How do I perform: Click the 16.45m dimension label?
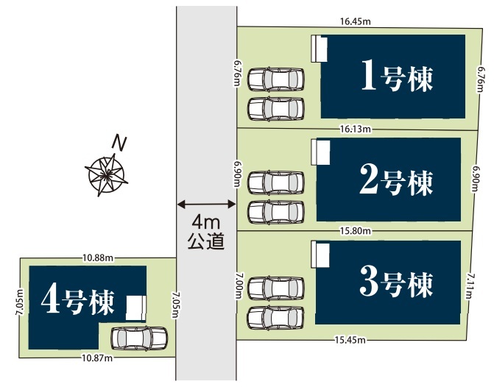(x=356, y=21)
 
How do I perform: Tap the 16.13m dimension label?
(x=356, y=129)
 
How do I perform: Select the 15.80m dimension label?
(x=356, y=231)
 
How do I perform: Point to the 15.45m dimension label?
(x=350, y=340)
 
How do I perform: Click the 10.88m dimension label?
(x=98, y=258)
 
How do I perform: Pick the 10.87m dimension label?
(x=97, y=358)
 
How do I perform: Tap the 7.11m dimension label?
(x=470, y=285)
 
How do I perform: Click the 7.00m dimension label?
(x=239, y=285)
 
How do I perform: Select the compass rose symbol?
(x=106, y=174)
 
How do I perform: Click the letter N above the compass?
(x=119, y=143)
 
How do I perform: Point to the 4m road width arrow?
(x=206, y=205)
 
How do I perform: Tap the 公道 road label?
(x=206, y=241)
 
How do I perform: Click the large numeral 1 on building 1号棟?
(x=369, y=75)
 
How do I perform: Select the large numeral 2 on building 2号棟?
(x=369, y=180)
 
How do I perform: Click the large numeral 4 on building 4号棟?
(x=50, y=300)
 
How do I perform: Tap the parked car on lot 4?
(x=139, y=339)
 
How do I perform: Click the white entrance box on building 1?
(x=319, y=49)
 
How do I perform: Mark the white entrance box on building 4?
(x=136, y=308)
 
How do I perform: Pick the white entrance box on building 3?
(x=320, y=255)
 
